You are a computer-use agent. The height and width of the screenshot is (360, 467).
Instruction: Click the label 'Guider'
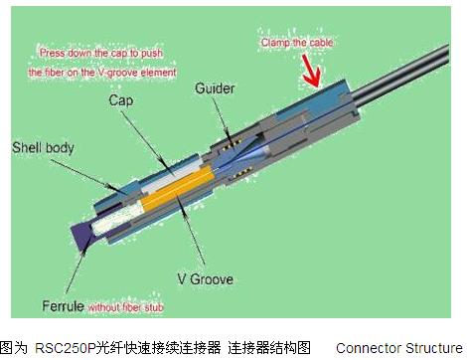pyautogui.click(x=215, y=89)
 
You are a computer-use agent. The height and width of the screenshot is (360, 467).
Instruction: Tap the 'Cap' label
pyautogui.click(x=121, y=100)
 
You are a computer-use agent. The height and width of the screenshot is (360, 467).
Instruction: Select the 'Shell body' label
pyautogui.click(x=43, y=148)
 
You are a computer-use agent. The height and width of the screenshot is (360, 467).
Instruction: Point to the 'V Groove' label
pyautogui.click(x=205, y=279)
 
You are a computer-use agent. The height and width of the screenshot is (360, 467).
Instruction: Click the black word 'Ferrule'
pyautogui.click(x=63, y=305)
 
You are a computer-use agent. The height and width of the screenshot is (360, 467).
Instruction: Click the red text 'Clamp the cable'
pyautogui.click(x=297, y=43)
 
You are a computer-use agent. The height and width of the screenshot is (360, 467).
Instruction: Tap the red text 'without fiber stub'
pyautogui.click(x=126, y=307)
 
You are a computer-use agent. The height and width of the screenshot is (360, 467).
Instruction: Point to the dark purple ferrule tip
pyautogui.click(x=82, y=237)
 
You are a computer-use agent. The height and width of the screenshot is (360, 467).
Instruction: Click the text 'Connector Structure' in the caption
pyautogui.click(x=399, y=348)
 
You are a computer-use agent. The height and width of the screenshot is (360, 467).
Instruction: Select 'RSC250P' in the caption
pyautogui.click(x=66, y=348)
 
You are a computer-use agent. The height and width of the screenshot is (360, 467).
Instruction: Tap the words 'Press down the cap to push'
pyautogui.click(x=101, y=53)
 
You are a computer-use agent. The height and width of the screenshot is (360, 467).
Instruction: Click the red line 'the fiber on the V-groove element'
pyautogui.click(x=102, y=73)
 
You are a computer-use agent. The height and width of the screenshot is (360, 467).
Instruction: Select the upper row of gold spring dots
pyautogui.click(x=232, y=144)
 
